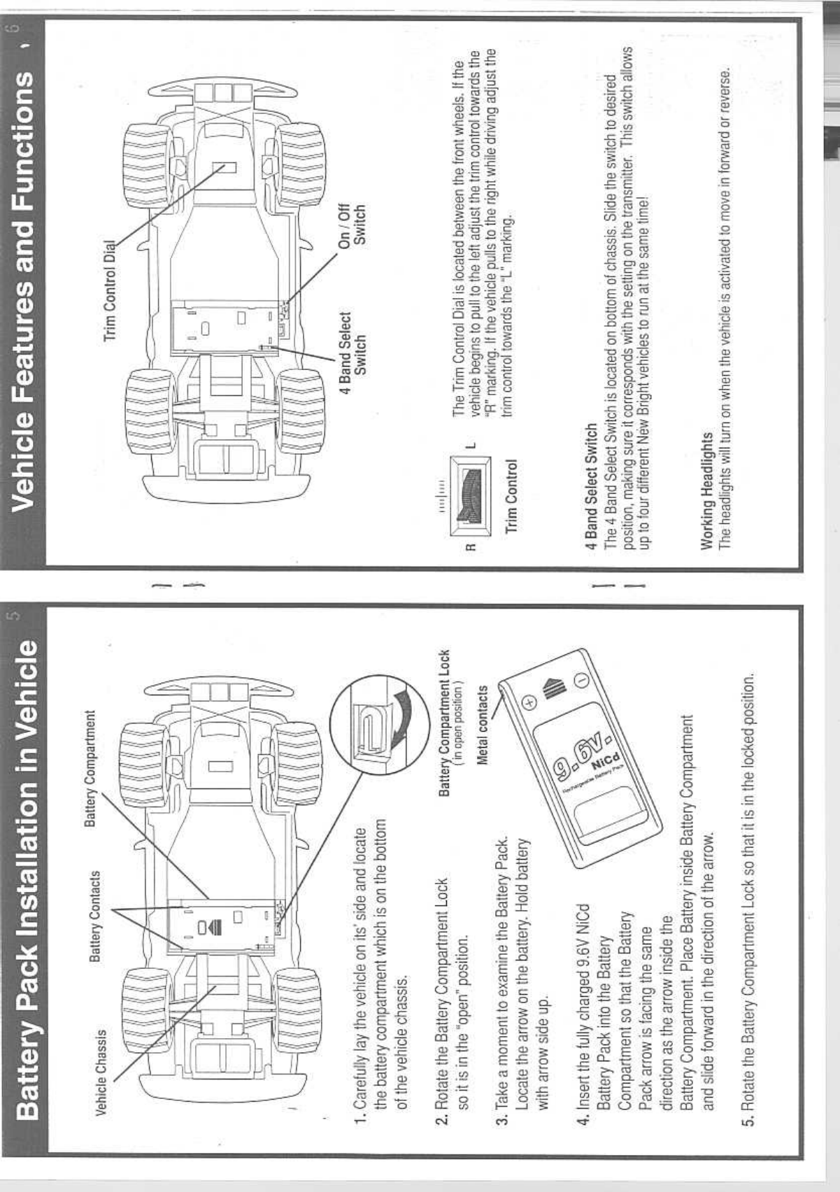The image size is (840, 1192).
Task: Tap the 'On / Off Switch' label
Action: pos(351,225)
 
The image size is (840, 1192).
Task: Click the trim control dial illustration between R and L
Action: pos(469,490)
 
